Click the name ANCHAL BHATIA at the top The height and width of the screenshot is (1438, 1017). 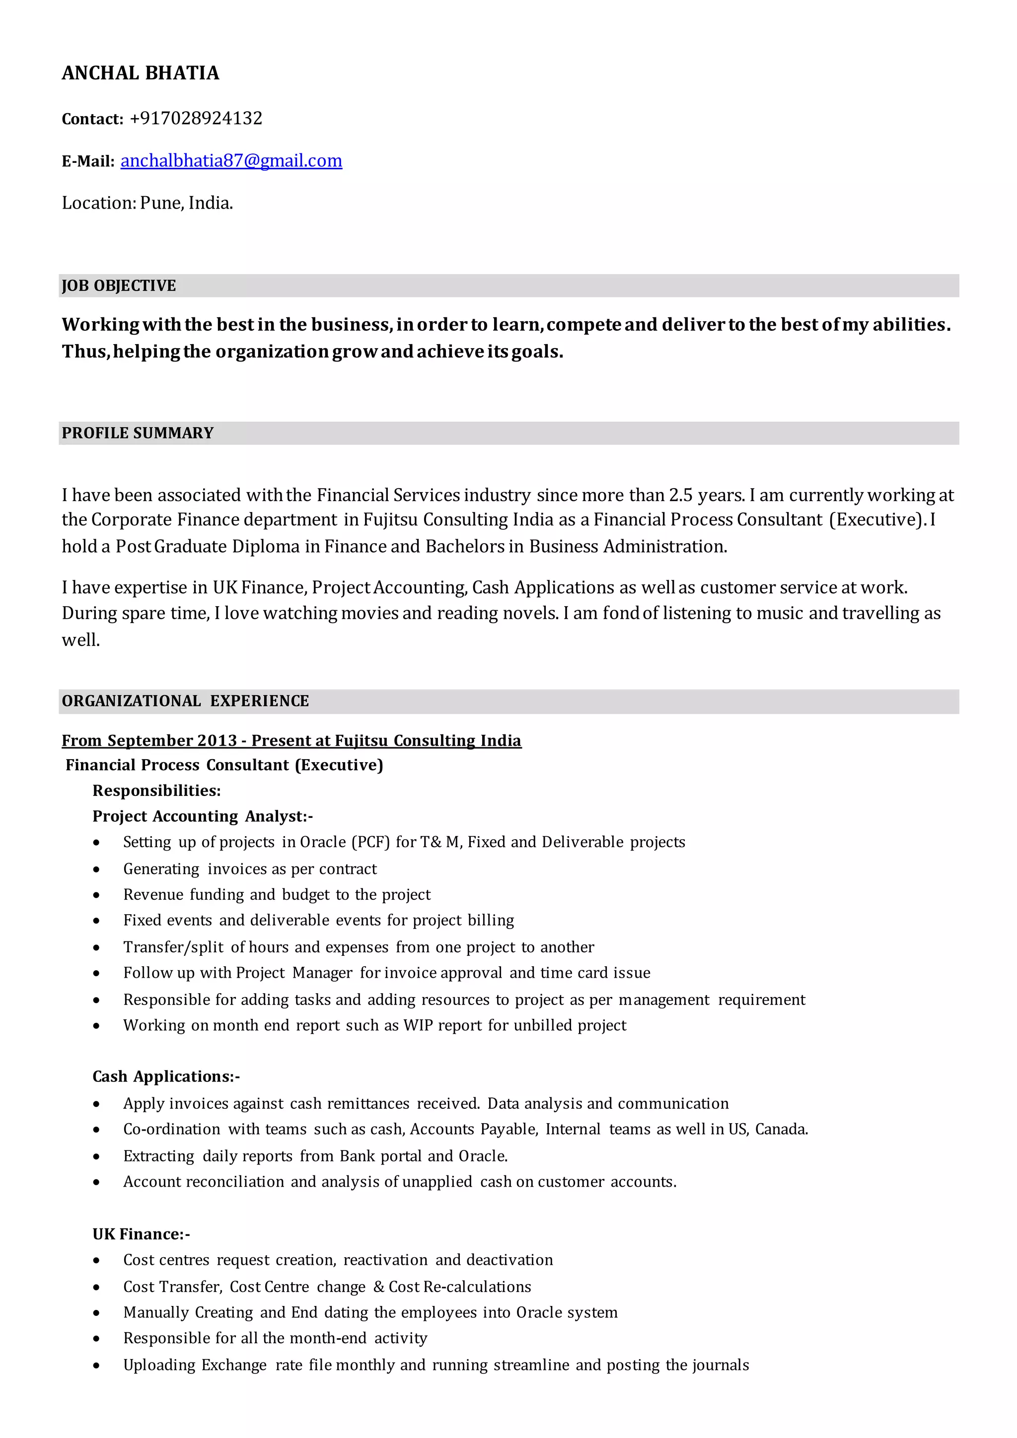(x=140, y=73)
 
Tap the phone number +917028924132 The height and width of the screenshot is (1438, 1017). (x=196, y=118)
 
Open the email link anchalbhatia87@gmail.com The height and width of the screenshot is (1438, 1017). (x=231, y=161)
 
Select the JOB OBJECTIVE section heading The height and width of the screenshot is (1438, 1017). (x=119, y=286)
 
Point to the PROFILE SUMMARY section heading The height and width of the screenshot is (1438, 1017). (x=138, y=433)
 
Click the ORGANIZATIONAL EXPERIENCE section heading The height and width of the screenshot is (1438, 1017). (x=185, y=701)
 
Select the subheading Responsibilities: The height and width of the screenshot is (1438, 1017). (x=156, y=791)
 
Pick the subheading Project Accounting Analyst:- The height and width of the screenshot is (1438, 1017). (x=202, y=816)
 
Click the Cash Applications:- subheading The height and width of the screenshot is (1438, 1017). (x=166, y=1076)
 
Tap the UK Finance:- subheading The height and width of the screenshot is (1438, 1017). (x=141, y=1234)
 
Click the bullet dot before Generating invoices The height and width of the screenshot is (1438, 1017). (x=96, y=869)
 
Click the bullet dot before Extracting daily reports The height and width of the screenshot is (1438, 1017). (x=96, y=1156)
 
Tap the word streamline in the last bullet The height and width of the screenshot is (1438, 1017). (x=531, y=1365)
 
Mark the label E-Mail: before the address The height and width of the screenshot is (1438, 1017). (x=88, y=161)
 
